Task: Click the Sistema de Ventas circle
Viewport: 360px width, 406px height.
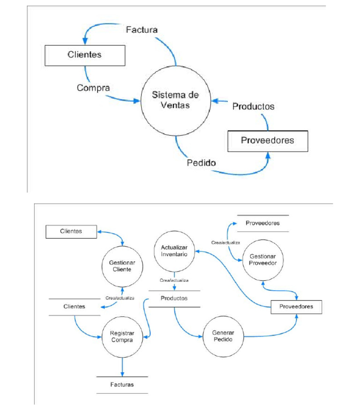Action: [x=175, y=100]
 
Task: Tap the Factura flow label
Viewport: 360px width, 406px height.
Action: [x=142, y=30]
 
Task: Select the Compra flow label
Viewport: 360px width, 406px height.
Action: [x=94, y=88]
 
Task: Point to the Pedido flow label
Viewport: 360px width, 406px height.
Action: [x=201, y=163]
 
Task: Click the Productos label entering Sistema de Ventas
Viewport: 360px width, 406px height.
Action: [x=253, y=106]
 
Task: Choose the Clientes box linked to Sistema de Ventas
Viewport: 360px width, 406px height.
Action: [x=85, y=55]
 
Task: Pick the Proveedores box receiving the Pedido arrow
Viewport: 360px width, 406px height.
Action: [x=268, y=141]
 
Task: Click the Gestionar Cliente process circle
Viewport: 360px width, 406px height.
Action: [x=122, y=266]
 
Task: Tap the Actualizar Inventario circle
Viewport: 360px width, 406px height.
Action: [x=174, y=251]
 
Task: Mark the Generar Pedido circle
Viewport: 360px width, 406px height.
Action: [x=223, y=336]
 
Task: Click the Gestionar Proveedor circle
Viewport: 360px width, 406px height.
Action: [x=263, y=260]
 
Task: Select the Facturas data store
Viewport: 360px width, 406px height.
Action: [x=122, y=384]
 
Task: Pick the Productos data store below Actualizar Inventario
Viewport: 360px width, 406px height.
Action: [x=174, y=298]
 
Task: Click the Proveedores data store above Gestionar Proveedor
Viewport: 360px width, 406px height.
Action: [x=262, y=223]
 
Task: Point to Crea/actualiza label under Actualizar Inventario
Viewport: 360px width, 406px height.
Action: [x=174, y=280]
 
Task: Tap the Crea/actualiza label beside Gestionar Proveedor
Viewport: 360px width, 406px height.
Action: [x=225, y=243]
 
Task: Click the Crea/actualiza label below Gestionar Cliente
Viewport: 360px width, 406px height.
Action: [x=120, y=298]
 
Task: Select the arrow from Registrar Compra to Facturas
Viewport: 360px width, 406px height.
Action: [x=122, y=366]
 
